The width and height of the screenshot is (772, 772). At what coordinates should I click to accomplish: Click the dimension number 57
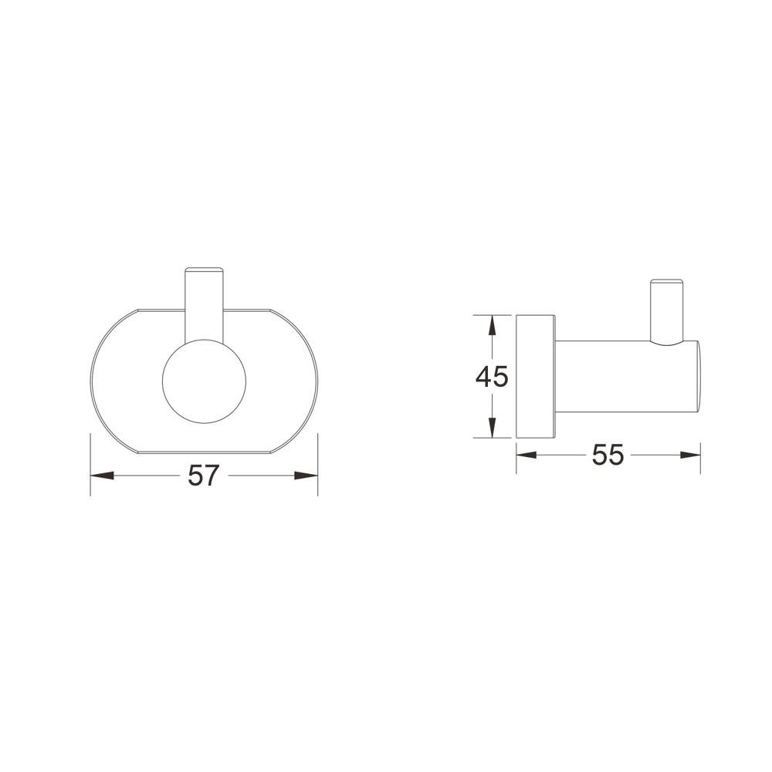click(203, 476)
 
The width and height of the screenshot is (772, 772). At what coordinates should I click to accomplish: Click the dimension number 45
click(491, 378)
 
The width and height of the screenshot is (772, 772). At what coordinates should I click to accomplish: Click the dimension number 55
click(608, 455)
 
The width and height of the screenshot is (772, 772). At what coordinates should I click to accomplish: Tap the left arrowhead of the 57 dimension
click(102, 476)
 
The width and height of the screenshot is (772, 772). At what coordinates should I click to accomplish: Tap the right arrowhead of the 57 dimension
click(306, 476)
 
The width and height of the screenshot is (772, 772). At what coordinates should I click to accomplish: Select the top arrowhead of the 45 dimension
click(491, 327)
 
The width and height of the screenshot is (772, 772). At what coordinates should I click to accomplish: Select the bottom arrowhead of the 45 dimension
click(491, 426)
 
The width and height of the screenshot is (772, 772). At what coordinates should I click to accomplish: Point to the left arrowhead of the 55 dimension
click(527, 455)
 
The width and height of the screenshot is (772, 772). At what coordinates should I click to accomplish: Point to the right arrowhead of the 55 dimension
click(689, 455)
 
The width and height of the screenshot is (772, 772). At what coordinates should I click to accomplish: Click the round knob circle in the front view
click(204, 381)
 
